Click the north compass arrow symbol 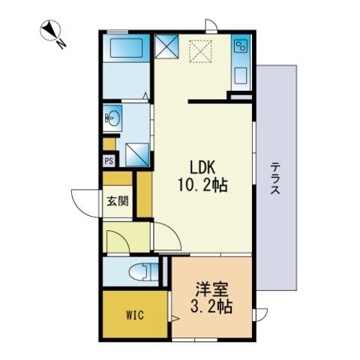pos(49,32)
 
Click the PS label pos(109,160)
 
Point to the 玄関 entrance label pos(116,201)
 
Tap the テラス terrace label pos(275,180)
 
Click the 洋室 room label pos(211,288)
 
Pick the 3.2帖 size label pos(211,307)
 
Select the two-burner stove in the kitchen pos(241,47)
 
